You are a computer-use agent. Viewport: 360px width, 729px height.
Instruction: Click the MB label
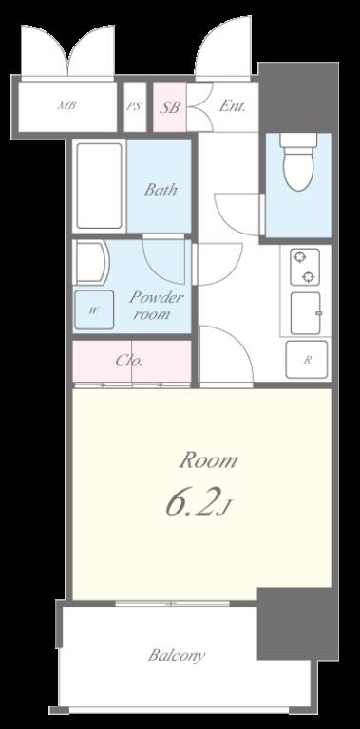66,105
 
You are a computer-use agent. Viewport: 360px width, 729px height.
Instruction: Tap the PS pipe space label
135,106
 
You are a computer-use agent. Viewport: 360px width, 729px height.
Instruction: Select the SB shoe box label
170,107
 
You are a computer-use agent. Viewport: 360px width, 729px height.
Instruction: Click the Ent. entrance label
232,106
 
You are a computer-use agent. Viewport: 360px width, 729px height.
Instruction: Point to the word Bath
161,189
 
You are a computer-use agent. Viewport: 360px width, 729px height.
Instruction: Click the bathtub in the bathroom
100,186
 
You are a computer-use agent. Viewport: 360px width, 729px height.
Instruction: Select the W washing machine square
93,310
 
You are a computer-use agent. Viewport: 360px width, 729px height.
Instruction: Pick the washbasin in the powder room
91,262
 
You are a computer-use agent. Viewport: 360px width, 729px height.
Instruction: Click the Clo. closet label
129,361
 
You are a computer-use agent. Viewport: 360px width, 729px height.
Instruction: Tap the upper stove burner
298,256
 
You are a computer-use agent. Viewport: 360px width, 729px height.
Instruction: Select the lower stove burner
309,276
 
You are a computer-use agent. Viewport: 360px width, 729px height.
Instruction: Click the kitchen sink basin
306,313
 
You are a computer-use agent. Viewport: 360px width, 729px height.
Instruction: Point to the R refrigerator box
307,360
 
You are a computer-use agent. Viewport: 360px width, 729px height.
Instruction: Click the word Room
208,460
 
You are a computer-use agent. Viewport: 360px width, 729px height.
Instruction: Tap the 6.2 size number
191,505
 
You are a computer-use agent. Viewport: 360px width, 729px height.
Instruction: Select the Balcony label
177,656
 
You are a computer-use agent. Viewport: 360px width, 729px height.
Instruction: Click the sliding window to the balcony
173,604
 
